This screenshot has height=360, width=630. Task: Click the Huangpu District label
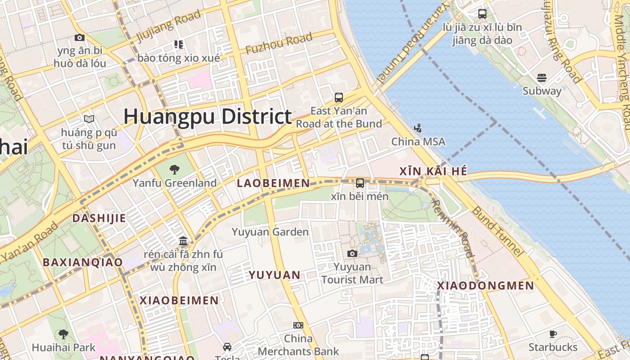click(x=207, y=117)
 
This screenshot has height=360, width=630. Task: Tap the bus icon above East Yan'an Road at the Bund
click(x=338, y=97)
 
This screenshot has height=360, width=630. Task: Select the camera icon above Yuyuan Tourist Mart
click(x=352, y=254)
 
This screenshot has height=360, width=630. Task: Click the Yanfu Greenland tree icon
click(x=174, y=170)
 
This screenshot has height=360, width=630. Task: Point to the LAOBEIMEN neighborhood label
click(x=273, y=183)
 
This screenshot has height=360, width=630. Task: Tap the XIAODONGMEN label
click(x=486, y=286)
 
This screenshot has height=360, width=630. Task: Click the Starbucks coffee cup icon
click(x=553, y=334)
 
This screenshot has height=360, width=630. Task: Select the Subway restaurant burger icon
click(x=542, y=78)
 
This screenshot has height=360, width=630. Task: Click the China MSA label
click(x=418, y=142)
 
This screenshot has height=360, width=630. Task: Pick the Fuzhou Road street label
click(x=279, y=44)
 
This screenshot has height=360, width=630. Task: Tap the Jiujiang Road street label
click(x=168, y=26)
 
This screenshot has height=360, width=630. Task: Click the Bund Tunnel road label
click(x=497, y=231)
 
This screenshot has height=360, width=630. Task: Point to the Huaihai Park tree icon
click(x=63, y=334)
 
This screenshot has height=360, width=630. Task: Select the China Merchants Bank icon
click(x=298, y=325)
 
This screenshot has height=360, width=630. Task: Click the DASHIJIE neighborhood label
click(x=99, y=218)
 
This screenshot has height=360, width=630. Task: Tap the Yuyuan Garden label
click(x=270, y=232)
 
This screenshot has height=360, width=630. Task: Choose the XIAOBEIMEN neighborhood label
click(x=179, y=301)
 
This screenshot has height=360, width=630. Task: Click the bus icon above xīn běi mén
click(x=360, y=183)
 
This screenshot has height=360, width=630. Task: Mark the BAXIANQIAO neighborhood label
click(x=82, y=262)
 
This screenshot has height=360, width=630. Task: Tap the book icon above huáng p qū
click(x=89, y=119)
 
